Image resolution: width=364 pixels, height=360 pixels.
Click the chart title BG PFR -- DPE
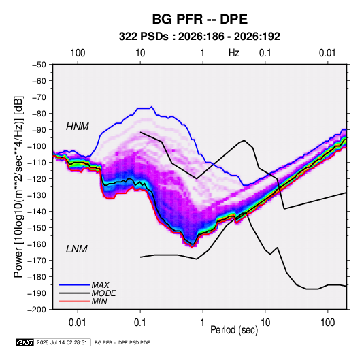coord(200,19)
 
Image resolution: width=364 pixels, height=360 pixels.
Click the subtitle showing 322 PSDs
coord(199,37)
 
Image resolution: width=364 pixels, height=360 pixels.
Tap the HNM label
coord(78,127)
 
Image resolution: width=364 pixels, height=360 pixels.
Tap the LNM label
coord(77,249)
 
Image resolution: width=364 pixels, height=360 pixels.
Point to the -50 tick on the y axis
coord(39,65)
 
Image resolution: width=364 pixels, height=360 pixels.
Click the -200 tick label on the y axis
coord(37,310)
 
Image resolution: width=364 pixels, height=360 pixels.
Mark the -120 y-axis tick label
coord(37,179)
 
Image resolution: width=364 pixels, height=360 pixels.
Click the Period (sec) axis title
coord(234,330)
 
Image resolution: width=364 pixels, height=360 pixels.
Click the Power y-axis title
coord(18,187)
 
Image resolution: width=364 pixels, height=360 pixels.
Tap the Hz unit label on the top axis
coord(234,53)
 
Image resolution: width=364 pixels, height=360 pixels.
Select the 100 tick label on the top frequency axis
coord(78,53)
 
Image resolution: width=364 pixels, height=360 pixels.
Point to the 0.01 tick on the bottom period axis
coord(78,323)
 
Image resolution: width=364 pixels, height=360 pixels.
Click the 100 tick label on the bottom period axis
coord(327,323)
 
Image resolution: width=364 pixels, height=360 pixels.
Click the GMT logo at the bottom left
coord(25,342)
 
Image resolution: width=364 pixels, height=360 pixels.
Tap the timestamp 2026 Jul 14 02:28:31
coord(62,342)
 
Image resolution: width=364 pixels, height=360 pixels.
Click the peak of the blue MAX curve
coord(152,107)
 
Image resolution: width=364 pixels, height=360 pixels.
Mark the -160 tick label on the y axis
coord(37,244)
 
